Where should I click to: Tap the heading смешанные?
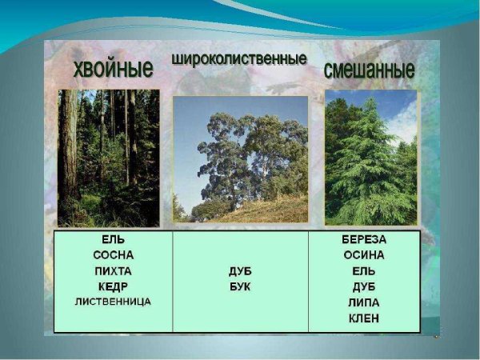pyautogui.click(x=369, y=70)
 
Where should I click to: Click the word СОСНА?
pyautogui.click(x=112, y=255)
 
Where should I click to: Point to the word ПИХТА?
pyautogui.click(x=112, y=271)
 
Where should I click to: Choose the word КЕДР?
pyautogui.click(x=112, y=286)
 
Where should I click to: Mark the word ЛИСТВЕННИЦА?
pyautogui.click(x=112, y=302)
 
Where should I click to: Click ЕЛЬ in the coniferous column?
pyautogui.click(x=112, y=239)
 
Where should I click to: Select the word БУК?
pyautogui.click(x=240, y=286)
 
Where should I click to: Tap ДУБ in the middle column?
pyautogui.click(x=240, y=271)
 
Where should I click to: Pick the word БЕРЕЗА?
pyautogui.click(x=364, y=239)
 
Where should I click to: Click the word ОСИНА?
pyautogui.click(x=364, y=255)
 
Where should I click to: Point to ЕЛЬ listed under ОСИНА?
pyautogui.click(x=364, y=271)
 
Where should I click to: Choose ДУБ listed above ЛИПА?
pyautogui.click(x=364, y=286)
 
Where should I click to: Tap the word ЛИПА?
pyautogui.click(x=364, y=302)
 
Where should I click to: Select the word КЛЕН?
pyautogui.click(x=364, y=318)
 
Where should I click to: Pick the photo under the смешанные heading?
pyautogui.click(x=370, y=158)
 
